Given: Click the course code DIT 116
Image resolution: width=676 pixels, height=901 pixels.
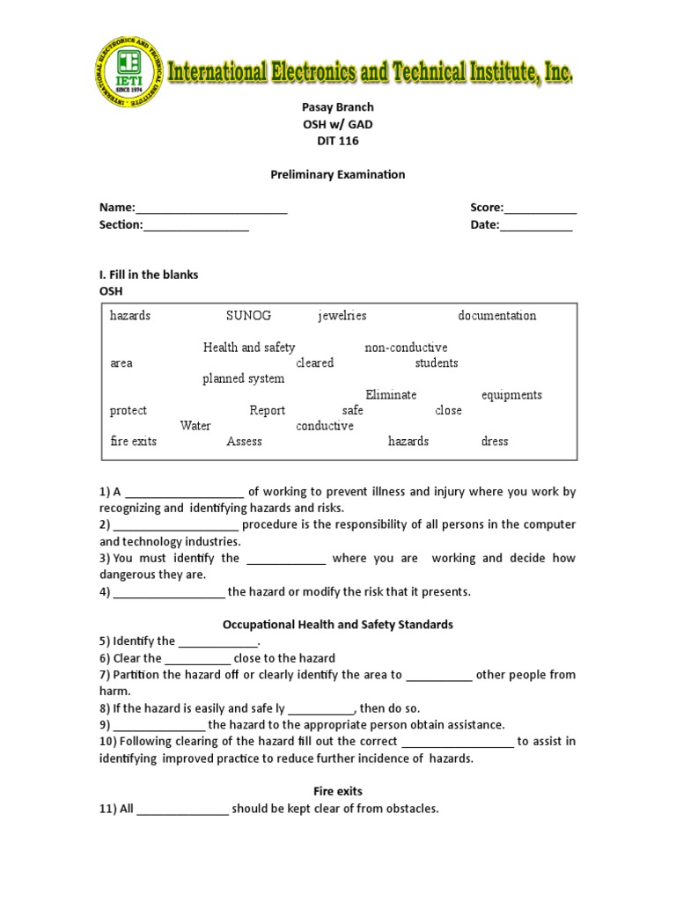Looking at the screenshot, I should (x=337, y=141).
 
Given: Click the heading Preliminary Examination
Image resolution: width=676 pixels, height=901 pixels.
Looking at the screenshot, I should (x=337, y=174).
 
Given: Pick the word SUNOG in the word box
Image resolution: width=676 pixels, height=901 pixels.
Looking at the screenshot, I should (x=248, y=316).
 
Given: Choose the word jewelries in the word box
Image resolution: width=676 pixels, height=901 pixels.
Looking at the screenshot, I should (x=342, y=316).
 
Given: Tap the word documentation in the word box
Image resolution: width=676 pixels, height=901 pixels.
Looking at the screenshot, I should (x=496, y=316).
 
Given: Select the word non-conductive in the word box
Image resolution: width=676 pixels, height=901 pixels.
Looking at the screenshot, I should (x=406, y=348).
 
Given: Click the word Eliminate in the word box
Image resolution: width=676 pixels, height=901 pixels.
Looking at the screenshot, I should (x=391, y=395).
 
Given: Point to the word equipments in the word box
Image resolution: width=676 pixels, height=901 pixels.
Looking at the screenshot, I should (x=511, y=395).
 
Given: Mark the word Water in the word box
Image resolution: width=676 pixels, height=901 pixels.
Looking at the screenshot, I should (x=195, y=426).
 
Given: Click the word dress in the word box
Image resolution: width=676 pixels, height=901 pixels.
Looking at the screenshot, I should (x=495, y=442).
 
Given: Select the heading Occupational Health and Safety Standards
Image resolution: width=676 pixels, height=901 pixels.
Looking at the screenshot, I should (x=337, y=625).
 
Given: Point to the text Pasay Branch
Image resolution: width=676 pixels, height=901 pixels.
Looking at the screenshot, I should (x=337, y=107).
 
